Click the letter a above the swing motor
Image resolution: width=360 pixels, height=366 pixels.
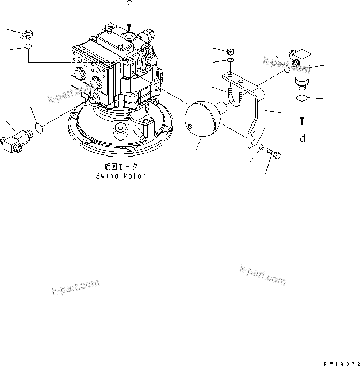click(x=128, y=6)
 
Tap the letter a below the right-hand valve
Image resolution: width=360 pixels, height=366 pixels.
click(x=303, y=136)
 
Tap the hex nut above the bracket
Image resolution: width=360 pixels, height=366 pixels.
click(x=231, y=52)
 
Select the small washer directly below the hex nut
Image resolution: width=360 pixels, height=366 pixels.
click(x=231, y=62)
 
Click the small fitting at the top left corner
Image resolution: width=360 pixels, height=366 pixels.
click(x=25, y=35)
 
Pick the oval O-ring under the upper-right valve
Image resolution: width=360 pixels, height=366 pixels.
click(x=302, y=98)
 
